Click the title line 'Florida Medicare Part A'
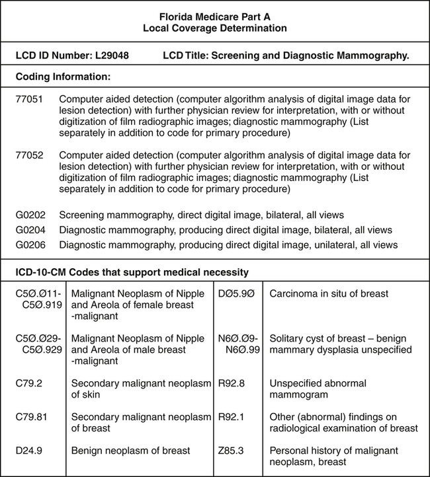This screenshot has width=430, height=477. click(x=215, y=16)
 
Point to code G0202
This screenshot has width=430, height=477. click(x=30, y=215)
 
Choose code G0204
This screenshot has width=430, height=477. click(x=30, y=230)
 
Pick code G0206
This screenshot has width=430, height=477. click(x=30, y=244)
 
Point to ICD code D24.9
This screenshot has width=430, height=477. click(x=28, y=451)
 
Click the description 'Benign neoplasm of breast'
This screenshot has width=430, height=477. click(x=130, y=451)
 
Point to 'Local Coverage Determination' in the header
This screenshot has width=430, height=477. click(x=215, y=28)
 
